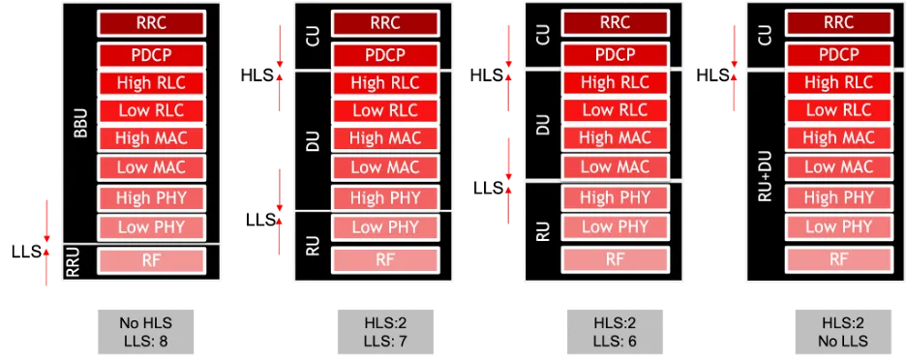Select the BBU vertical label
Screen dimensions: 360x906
point(80,123)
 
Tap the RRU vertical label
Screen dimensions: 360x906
point(73,262)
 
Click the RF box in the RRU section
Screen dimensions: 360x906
point(150,261)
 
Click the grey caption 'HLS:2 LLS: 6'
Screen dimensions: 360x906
point(615,332)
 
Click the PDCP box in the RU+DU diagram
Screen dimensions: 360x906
point(838,55)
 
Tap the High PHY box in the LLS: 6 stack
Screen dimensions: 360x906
point(615,197)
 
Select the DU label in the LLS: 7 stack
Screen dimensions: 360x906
point(312,140)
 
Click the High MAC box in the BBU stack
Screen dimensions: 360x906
point(150,137)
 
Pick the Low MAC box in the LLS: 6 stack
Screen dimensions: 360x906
point(615,166)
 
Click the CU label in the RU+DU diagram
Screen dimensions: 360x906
point(764,36)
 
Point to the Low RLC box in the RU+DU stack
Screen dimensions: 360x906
point(838,109)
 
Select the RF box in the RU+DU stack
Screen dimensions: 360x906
point(838,259)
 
